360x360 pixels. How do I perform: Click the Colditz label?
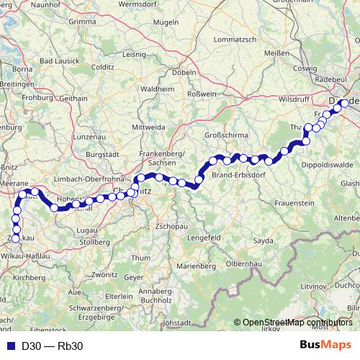(103, 67)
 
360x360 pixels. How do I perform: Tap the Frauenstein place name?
(293, 204)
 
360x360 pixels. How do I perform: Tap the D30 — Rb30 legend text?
(52, 346)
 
